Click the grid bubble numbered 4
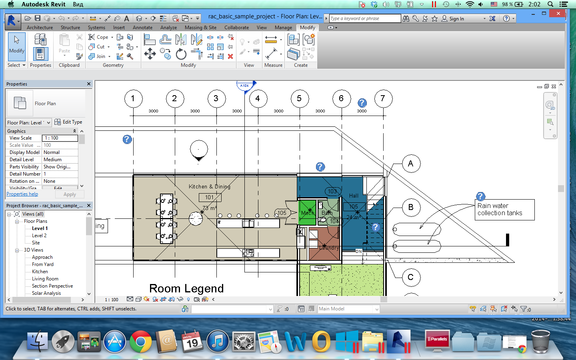pos(257,99)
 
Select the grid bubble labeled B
pos(410,207)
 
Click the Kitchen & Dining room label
pos(209,186)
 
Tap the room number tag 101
pos(210,197)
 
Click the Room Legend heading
pos(186,288)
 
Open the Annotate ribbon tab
pos(142,28)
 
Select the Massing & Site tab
pos(200,28)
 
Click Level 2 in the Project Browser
pos(39,236)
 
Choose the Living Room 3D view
pos(45,279)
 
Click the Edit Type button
pos(68,122)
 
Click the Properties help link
pos(22,194)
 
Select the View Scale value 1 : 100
pos(60,138)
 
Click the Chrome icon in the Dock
pos(140,342)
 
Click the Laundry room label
pos(329,248)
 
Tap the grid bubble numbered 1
pos(133,99)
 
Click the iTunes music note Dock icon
pos(217,342)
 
